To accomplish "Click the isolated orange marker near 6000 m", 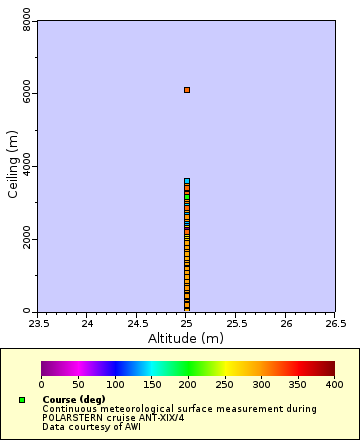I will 186,90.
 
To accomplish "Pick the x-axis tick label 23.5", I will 38,323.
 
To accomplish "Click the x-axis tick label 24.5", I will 137,323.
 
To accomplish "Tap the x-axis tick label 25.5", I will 236,323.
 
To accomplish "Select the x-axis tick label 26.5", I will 335,323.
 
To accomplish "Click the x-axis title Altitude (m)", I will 186,338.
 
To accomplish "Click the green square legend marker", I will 22,400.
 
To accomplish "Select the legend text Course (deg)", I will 74,399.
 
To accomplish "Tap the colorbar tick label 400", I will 335,384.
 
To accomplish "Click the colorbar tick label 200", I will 188,384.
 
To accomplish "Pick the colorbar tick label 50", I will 78,384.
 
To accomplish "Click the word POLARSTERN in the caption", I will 70,417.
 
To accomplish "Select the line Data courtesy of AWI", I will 91,426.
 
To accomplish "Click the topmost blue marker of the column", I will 186,181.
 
